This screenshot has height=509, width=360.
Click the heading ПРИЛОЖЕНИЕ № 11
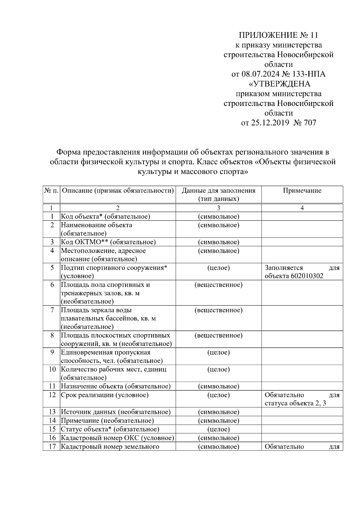pos(278,35)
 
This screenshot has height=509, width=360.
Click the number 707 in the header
pos(310,123)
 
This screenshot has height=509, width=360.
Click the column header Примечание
pos(302,191)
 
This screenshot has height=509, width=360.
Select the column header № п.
pos(51,191)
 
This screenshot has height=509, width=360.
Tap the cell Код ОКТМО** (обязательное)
pos(108,242)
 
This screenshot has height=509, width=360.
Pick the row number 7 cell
pos(52,310)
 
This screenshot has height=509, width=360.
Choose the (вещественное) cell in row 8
pos(218,335)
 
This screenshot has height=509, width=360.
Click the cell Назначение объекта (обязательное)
pos(115,386)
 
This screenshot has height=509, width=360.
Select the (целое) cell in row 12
pos(218,395)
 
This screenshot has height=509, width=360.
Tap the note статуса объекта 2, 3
pos(295,403)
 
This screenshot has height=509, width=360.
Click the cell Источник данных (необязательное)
pos(115,412)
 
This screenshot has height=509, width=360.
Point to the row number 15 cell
pos(52,429)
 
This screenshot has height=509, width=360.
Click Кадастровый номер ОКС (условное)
pos(117,438)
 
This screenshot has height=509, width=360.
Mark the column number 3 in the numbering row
pos(218,208)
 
